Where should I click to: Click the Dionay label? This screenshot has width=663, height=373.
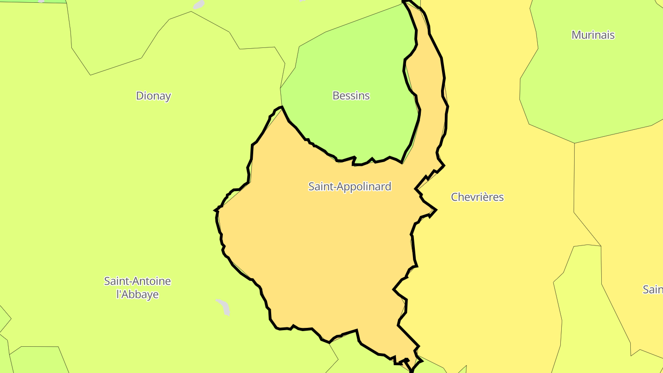[x=153, y=96]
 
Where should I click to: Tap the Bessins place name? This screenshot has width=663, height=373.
[x=351, y=96]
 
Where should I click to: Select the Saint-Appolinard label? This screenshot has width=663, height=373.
[x=349, y=186]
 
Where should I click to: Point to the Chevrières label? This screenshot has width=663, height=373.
[x=477, y=197]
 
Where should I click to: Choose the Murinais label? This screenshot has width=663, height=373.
[x=593, y=35]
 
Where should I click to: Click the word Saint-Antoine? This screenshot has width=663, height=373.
[x=137, y=281]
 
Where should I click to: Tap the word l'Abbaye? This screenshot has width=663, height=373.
[x=137, y=295]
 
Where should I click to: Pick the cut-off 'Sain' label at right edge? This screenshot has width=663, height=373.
[x=653, y=290]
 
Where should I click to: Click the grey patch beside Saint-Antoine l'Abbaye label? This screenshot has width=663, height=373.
[x=223, y=307]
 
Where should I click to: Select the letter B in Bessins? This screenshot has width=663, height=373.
[x=336, y=96]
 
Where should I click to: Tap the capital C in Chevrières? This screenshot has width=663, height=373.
[x=454, y=197]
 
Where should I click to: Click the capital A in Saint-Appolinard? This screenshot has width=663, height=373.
[x=340, y=186]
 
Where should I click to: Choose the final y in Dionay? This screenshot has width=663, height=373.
[x=168, y=97]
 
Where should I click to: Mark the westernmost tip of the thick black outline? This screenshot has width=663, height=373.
[x=215, y=210]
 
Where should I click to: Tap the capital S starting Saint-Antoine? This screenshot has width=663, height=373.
[x=107, y=281]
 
